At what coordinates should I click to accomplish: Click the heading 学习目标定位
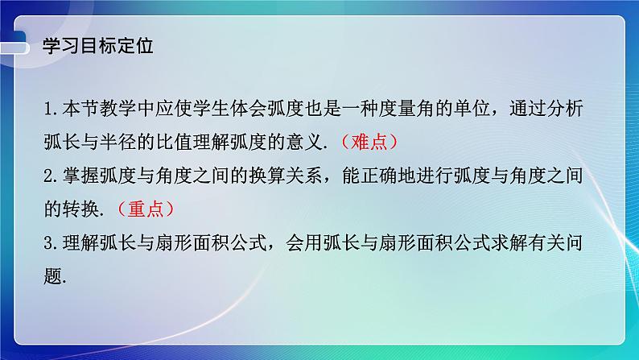97,46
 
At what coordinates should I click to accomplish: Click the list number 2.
51,176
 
